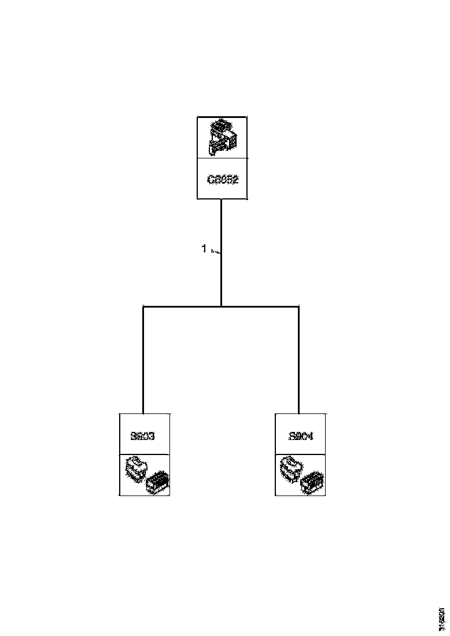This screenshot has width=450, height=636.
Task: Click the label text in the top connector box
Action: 223,179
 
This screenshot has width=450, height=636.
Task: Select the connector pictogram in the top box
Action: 222,138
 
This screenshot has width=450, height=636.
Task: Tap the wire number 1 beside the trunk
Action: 204,249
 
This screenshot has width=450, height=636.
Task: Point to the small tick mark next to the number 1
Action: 215,252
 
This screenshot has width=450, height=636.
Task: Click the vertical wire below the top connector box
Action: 222,231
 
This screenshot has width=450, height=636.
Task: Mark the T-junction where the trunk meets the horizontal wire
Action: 222,306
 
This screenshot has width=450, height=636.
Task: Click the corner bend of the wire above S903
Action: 143,306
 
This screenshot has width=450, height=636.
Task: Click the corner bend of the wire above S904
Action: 298,306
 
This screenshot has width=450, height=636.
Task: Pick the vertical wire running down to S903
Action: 143,358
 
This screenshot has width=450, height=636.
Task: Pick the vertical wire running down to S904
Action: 298,358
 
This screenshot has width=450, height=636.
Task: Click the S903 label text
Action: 143,437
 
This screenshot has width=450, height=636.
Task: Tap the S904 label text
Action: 301,437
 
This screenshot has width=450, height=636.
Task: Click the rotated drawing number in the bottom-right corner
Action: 442,619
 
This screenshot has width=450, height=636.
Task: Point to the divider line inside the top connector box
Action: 222,158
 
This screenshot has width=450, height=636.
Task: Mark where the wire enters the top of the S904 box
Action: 298,413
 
